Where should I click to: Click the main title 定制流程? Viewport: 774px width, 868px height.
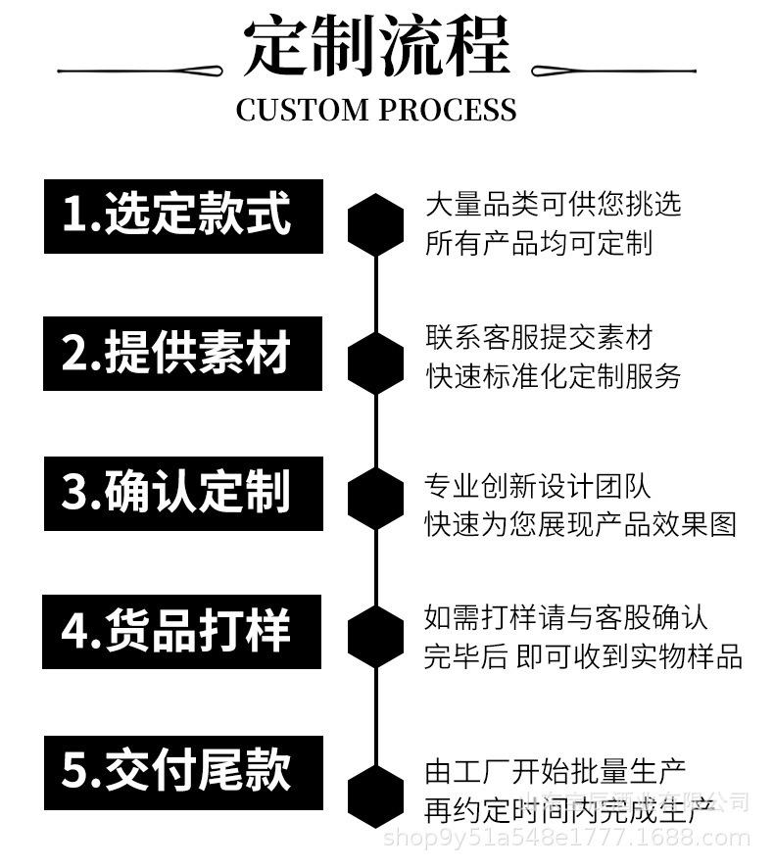[x=376, y=46]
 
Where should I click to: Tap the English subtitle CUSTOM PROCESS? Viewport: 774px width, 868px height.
[x=376, y=110]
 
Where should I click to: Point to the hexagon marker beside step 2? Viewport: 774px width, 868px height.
[x=376, y=363]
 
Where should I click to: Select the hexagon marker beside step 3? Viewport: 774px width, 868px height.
[x=376, y=499]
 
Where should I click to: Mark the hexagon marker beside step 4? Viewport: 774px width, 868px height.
[x=376, y=636]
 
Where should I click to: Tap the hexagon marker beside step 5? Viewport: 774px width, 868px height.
[x=376, y=795]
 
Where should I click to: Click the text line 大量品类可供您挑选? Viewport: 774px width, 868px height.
[x=553, y=204]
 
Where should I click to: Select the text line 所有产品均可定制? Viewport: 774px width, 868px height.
[x=538, y=242]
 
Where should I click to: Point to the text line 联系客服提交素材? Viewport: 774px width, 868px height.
[x=538, y=338]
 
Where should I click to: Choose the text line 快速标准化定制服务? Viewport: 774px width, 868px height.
[x=553, y=376]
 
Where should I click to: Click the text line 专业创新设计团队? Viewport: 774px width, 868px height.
[x=538, y=486]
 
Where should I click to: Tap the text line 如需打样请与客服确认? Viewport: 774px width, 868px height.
[x=565, y=618]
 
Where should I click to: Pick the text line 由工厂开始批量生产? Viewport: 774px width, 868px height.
[x=555, y=771]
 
